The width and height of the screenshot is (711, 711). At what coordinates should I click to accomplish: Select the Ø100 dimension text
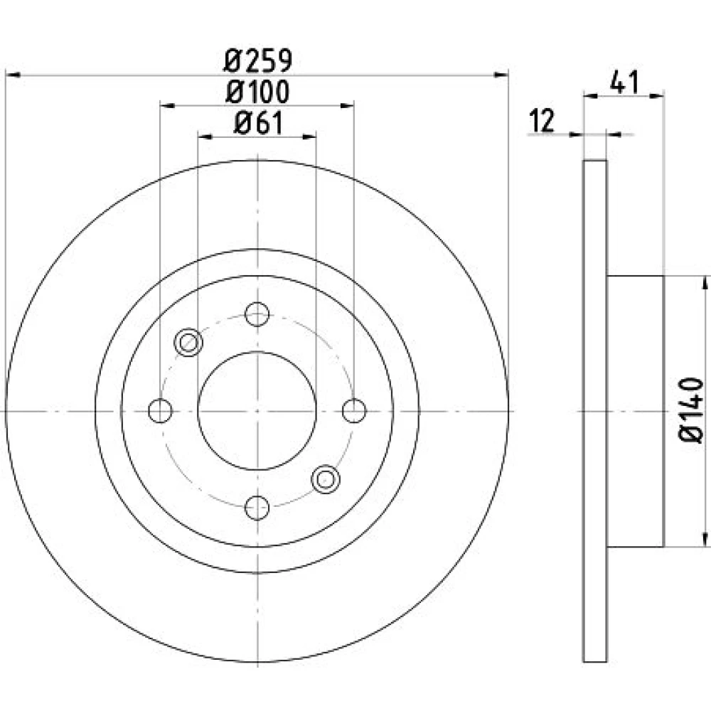(x=257, y=92)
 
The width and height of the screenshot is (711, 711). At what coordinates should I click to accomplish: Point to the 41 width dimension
(x=624, y=82)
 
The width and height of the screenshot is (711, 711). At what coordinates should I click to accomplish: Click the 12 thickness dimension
(x=542, y=121)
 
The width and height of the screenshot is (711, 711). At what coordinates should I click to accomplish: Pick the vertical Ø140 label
(x=690, y=410)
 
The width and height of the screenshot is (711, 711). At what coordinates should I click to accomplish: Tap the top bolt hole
(x=257, y=314)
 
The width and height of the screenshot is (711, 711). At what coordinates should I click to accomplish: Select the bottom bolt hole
(x=257, y=508)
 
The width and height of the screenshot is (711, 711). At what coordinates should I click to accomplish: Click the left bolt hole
(x=160, y=411)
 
